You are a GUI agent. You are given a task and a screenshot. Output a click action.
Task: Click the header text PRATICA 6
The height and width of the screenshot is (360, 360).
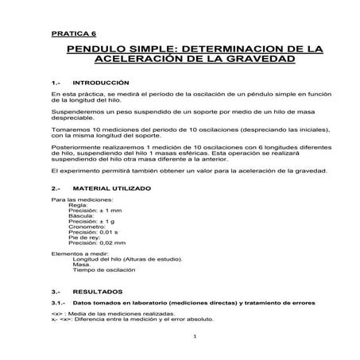[72, 35]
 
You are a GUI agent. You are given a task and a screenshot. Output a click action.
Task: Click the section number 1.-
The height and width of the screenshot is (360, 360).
[55, 83]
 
